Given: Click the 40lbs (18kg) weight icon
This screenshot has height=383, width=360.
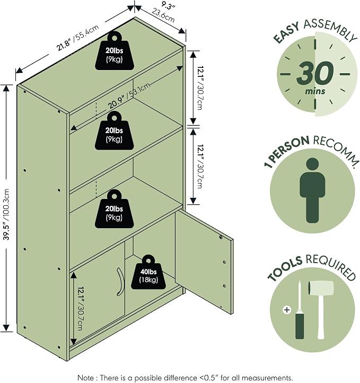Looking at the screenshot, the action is click(148, 272).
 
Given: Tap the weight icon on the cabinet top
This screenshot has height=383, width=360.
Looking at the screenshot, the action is click(115, 51).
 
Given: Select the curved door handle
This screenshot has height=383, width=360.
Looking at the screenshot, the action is click(120, 280).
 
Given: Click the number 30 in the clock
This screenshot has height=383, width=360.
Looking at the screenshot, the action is click(315, 73).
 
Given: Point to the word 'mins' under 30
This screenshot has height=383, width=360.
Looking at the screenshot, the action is click(315, 91).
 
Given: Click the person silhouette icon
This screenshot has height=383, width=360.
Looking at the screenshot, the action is click(312, 190).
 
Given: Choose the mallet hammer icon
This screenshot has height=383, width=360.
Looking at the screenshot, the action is click(320, 309).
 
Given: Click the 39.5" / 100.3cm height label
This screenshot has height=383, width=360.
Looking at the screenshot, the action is click(7, 214).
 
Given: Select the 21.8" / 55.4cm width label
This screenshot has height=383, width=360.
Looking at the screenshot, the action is click(77, 38).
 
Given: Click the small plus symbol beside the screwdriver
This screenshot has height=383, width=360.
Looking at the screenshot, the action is click(287, 310).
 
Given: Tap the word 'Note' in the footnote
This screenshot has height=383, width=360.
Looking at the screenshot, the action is click(85, 378).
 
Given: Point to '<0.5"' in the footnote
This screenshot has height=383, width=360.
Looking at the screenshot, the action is click(210, 378).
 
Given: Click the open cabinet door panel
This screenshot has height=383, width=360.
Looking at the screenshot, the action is click(204, 262).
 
